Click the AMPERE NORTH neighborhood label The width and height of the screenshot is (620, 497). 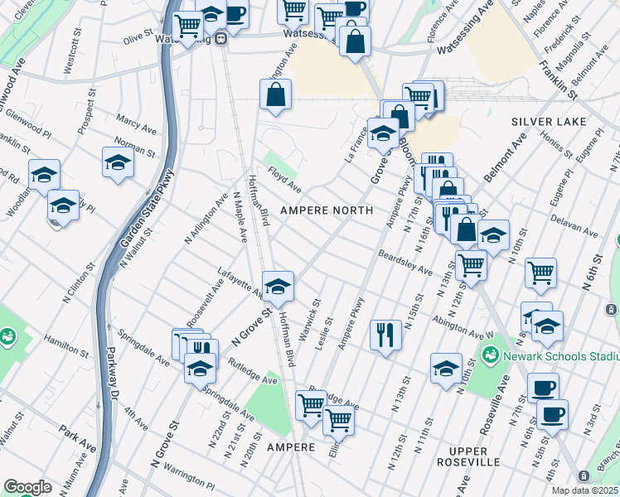[x=326, y=210]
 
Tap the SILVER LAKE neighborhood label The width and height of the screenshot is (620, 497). [x=548, y=122]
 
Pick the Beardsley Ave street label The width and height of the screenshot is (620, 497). [x=405, y=263]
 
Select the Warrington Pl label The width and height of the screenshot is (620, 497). [x=187, y=478]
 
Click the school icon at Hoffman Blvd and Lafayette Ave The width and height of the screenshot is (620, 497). [x=279, y=287]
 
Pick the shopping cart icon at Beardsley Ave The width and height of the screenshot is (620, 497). [x=471, y=266]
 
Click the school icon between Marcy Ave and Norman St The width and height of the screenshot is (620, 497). [x=119, y=162]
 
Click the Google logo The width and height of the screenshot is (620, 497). [x=27, y=486]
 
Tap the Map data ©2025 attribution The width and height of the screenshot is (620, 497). [x=584, y=490]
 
